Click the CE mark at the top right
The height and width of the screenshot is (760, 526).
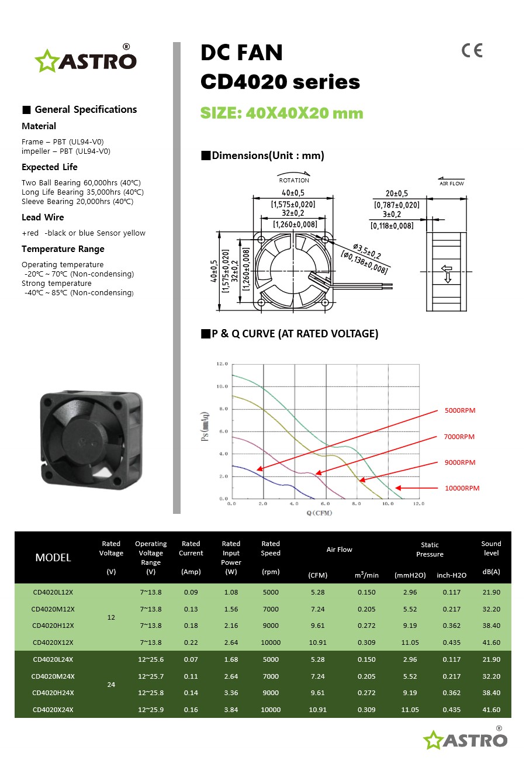pyautogui.click(x=472, y=51)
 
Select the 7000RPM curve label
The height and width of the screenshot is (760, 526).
pyautogui.click(x=459, y=437)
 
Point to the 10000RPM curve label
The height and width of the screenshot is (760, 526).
pyautogui.click(x=462, y=488)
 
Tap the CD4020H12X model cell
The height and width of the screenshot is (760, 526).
pyautogui.click(x=53, y=626)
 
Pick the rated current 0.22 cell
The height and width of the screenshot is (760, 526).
pyautogui.click(x=191, y=642)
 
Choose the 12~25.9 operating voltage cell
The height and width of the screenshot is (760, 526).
pyautogui.click(x=151, y=710)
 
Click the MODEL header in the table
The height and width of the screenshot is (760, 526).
pyautogui.click(x=53, y=558)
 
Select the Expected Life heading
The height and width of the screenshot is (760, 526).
pyautogui.click(x=50, y=167)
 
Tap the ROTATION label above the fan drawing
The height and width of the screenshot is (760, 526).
pyautogui.click(x=294, y=180)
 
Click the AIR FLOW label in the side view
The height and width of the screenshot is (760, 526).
pyautogui.click(x=451, y=184)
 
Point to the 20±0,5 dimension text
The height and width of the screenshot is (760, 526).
pyautogui.click(x=397, y=194)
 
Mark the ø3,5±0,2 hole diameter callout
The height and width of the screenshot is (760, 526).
pyautogui.click(x=367, y=251)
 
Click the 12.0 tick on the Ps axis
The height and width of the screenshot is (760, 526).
pyautogui.click(x=222, y=364)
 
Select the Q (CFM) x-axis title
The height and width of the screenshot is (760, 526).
pyautogui.click(x=319, y=513)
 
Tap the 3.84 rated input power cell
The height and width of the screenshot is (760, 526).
pyautogui.click(x=231, y=710)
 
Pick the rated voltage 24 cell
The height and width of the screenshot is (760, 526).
pyautogui.click(x=111, y=685)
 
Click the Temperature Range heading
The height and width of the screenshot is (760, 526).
pyautogui.click(x=63, y=249)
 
